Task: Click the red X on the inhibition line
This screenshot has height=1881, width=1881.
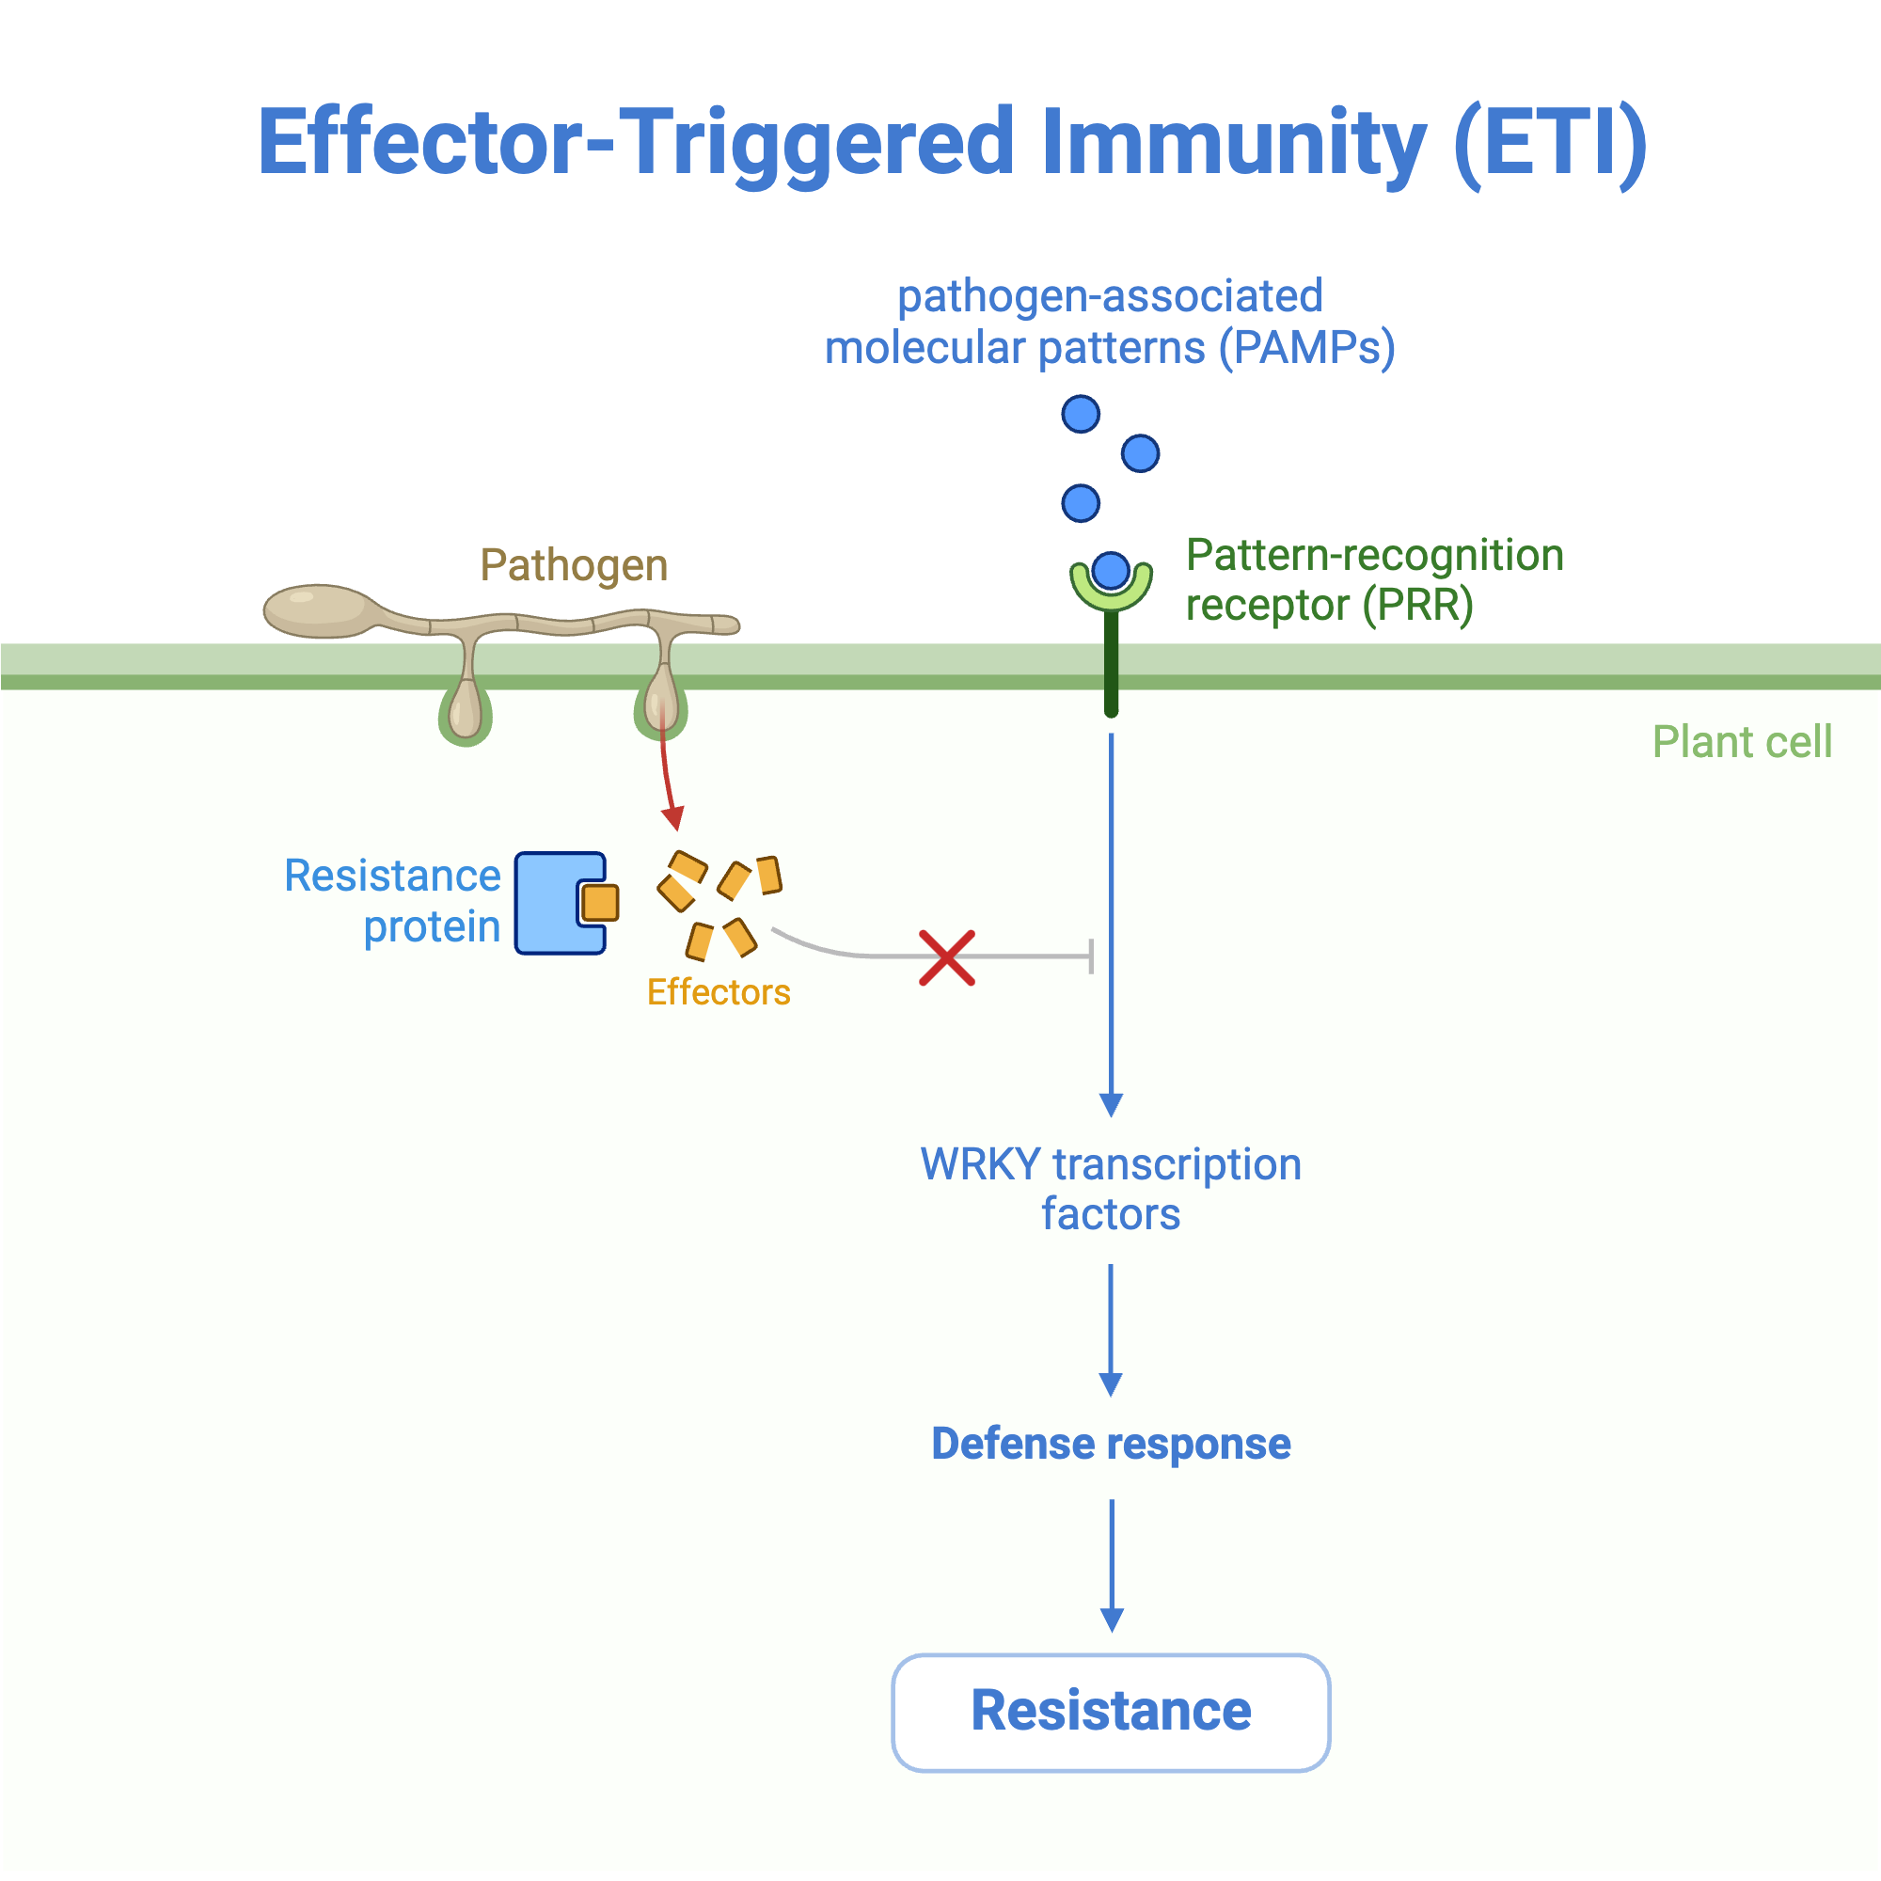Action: point(946,958)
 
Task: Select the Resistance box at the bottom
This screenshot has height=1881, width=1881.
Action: point(1111,1713)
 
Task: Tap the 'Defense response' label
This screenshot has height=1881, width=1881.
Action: point(1111,1444)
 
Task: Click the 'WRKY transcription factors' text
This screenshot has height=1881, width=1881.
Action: point(1111,1189)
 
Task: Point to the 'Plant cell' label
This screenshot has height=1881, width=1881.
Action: point(1742,742)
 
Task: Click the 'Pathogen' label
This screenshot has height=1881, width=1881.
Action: point(575,565)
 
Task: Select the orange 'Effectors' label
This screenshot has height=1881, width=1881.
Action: point(719,992)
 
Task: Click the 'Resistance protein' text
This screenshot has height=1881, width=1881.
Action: point(392,901)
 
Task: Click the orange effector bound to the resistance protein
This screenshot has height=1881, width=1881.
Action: point(600,904)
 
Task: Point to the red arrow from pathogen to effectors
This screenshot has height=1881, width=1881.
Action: point(666,769)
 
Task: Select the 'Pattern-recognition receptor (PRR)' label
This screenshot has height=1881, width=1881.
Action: point(1375,580)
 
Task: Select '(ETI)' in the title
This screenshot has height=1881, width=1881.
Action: point(1550,144)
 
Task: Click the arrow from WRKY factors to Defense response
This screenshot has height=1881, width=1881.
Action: point(1111,1331)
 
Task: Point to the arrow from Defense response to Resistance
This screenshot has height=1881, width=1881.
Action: point(1112,1567)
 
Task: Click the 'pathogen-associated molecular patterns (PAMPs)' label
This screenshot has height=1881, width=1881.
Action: point(1110,323)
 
